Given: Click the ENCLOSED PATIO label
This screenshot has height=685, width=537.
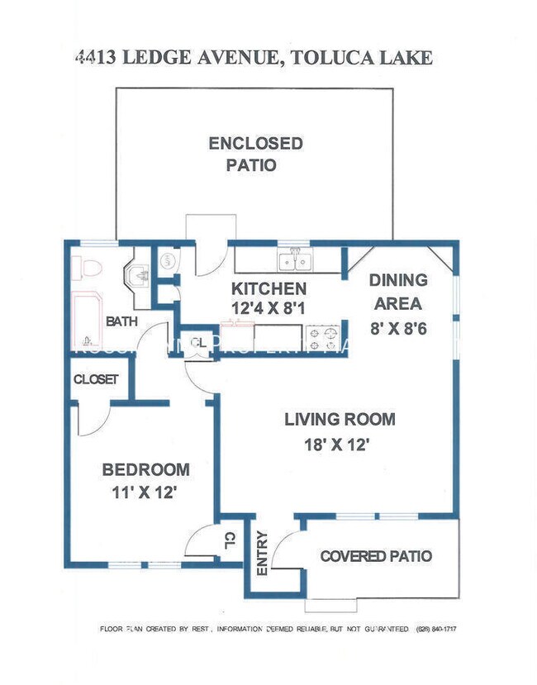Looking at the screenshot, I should [x=254, y=154].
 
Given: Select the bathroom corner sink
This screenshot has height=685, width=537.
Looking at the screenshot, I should [x=135, y=273].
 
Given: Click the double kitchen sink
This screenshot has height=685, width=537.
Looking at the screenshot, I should [x=294, y=261].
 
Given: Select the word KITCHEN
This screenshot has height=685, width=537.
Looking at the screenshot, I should [x=268, y=288].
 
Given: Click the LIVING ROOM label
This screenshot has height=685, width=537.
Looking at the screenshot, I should [x=340, y=419].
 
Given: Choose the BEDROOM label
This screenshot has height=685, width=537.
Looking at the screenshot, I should [x=145, y=469].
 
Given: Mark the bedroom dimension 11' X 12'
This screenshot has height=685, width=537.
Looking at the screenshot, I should [x=145, y=493].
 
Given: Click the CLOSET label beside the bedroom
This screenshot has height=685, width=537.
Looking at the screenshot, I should [x=96, y=379].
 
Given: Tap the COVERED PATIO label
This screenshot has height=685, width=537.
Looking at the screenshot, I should [x=376, y=556].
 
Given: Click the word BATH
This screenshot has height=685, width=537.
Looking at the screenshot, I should [x=121, y=321].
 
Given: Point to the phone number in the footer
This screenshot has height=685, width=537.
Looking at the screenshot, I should [x=438, y=629].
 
